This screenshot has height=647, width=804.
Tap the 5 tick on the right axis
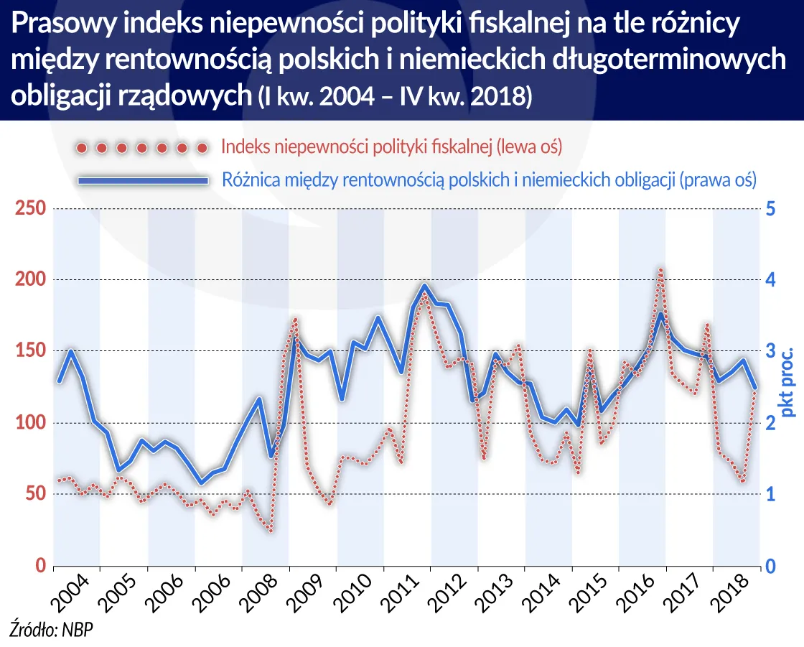[x=770, y=209]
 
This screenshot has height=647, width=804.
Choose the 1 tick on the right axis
[x=770, y=494]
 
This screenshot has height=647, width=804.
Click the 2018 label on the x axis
[x=733, y=592]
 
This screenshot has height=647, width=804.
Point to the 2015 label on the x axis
[x=592, y=592]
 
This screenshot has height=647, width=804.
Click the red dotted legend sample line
[x=141, y=148]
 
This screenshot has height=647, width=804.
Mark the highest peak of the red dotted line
[x=660, y=270]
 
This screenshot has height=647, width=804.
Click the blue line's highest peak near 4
[x=424, y=286]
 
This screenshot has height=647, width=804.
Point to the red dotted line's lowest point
[x=271, y=531]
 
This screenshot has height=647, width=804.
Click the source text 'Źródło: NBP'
[x=52, y=630]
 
